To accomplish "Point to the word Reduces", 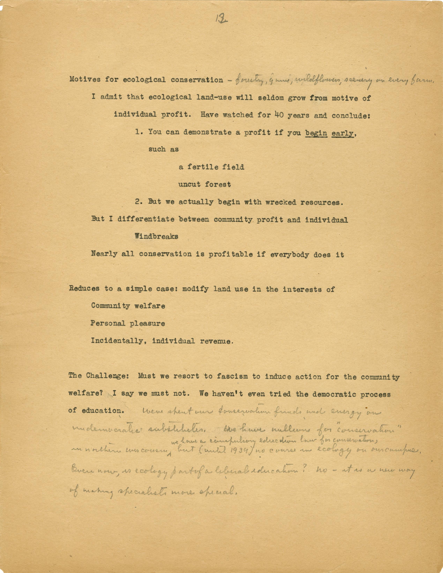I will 84,289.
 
